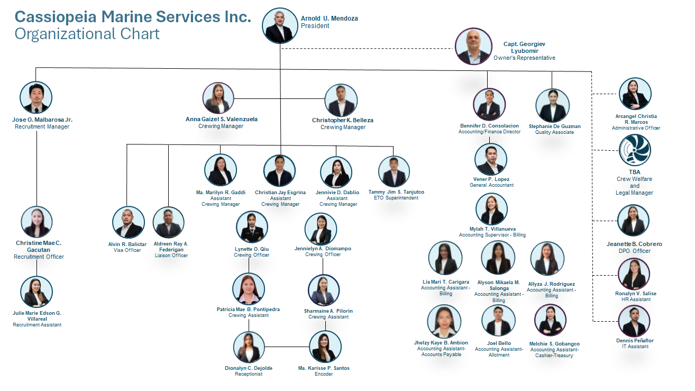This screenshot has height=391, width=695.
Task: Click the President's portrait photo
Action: (280, 25)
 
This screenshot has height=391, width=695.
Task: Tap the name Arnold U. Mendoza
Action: (329, 19)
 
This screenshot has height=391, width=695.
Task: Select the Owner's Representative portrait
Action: (473, 47)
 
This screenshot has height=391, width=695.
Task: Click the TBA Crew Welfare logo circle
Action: (635, 150)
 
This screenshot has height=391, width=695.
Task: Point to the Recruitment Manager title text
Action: (42, 126)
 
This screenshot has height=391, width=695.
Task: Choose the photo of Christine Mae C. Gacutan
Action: (36, 222)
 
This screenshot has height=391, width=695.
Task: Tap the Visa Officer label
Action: (127, 250)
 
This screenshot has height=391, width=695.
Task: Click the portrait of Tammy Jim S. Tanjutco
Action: (394, 171)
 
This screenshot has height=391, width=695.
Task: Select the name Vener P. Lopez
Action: (491, 179)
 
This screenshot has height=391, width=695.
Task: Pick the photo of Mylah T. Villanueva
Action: (491, 209)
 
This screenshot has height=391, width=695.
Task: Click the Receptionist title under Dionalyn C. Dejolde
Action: (249, 374)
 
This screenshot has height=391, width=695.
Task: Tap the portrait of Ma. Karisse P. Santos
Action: (325, 347)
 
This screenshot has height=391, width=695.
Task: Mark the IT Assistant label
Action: (635, 347)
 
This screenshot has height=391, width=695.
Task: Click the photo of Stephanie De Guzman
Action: (553, 105)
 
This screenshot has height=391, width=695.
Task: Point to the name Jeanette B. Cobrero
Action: (634, 244)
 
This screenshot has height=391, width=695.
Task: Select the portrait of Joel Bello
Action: (498, 321)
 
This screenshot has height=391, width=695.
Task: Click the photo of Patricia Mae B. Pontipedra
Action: (249, 289)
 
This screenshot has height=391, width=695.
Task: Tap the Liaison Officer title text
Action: (171, 256)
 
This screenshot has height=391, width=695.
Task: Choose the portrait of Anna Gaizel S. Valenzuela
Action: (218, 98)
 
